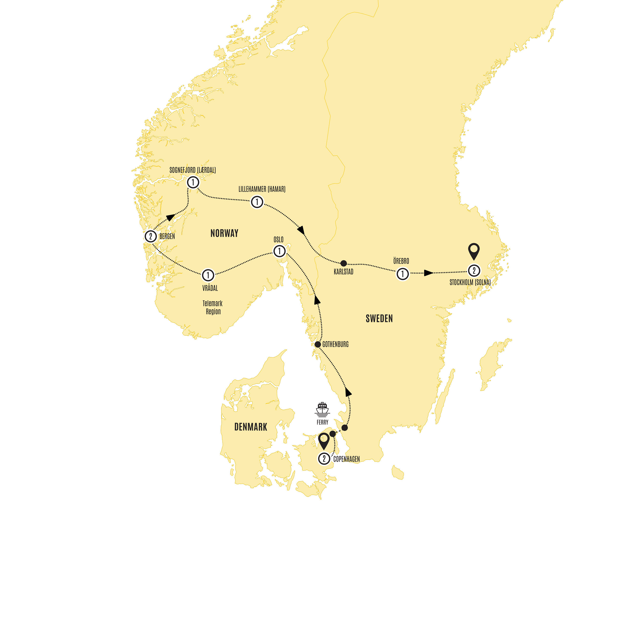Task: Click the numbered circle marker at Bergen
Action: point(151,236)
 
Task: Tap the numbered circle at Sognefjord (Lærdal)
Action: point(193,182)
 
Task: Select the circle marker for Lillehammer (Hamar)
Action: point(257,202)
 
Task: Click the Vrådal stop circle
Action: point(208,275)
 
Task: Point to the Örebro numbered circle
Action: point(403,274)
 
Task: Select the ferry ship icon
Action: point(322,409)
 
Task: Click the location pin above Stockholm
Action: point(474,251)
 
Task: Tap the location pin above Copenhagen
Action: point(324,441)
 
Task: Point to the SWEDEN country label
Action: point(379,318)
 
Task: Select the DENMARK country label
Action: point(251,427)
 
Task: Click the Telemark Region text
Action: point(213,307)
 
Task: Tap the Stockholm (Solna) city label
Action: point(470,282)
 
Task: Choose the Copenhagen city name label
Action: point(347,459)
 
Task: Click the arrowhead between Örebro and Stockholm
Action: point(428,273)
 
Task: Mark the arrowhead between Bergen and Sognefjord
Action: point(170,217)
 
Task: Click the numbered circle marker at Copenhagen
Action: point(324,458)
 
